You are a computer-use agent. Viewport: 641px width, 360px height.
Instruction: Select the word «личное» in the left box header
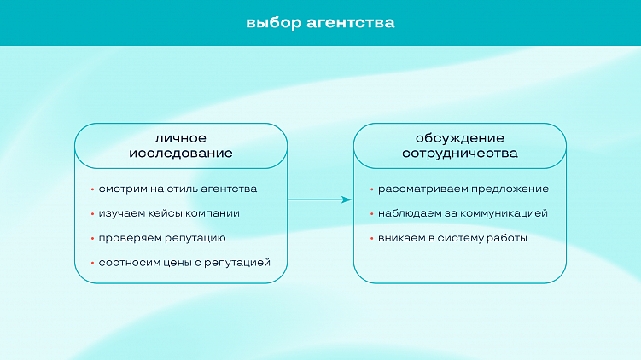click(180, 138)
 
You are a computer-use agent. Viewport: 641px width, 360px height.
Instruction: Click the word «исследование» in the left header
click(180, 154)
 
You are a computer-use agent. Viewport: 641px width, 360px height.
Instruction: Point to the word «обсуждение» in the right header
click(459, 138)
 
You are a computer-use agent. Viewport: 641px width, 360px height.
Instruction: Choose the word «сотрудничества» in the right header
click(459, 154)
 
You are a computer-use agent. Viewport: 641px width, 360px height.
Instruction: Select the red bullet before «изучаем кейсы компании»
click(91, 214)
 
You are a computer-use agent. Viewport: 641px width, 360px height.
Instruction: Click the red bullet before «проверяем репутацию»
click(91, 239)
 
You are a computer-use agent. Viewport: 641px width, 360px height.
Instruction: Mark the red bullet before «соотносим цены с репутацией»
click(91, 263)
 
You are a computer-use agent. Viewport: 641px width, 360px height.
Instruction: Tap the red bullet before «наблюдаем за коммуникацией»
click(371, 214)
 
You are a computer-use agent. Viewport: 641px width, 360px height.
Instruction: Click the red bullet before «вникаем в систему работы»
click(371, 239)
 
